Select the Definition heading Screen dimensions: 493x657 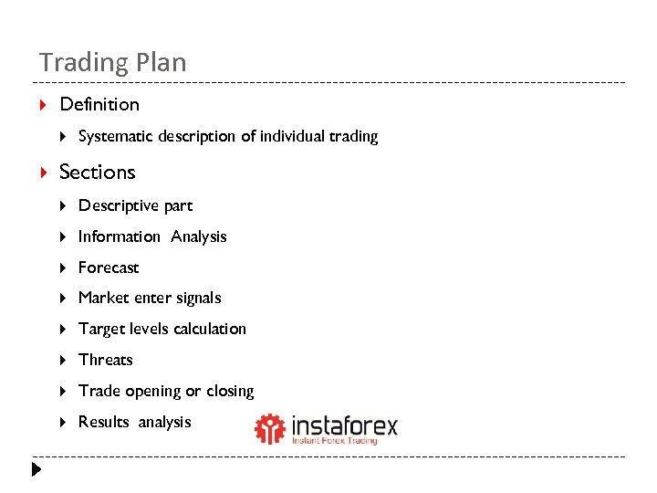click(99, 104)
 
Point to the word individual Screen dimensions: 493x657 click(293, 137)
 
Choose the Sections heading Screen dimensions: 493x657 click(97, 172)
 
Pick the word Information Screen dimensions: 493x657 click(119, 236)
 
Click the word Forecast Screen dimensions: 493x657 click(109, 267)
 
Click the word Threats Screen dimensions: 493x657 click(106, 360)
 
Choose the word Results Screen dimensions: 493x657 click(104, 422)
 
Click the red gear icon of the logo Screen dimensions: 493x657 click(270, 429)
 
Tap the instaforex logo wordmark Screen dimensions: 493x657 click(344, 426)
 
